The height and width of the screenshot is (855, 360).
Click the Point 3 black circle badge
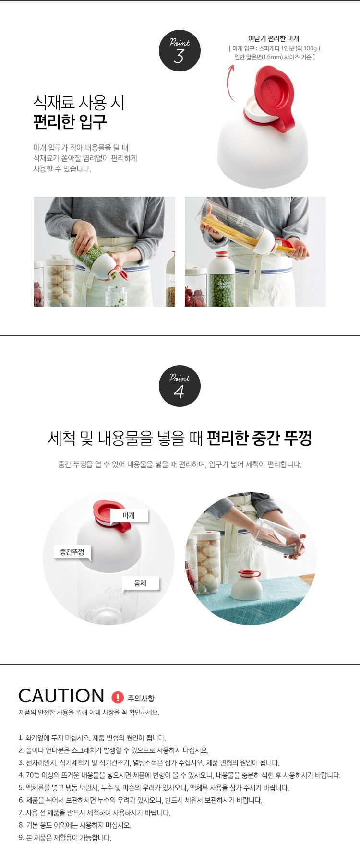(x=180, y=51)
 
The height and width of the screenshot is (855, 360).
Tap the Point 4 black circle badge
(x=180, y=386)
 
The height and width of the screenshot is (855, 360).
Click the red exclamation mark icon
(x=118, y=697)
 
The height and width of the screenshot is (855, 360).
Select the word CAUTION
(x=61, y=696)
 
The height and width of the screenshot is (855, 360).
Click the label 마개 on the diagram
(x=129, y=515)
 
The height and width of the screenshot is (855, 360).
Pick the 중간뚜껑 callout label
(x=72, y=552)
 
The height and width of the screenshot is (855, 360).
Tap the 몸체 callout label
(x=140, y=583)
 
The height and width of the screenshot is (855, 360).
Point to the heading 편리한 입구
(x=70, y=122)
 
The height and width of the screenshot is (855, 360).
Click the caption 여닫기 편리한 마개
(x=274, y=38)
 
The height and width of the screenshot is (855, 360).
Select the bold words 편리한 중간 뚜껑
(x=259, y=438)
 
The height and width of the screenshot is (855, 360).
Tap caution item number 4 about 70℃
(x=180, y=775)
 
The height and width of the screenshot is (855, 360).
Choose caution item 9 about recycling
(x=65, y=838)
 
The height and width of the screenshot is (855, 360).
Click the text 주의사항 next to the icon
(x=141, y=698)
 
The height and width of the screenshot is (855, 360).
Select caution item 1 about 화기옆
(x=92, y=738)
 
